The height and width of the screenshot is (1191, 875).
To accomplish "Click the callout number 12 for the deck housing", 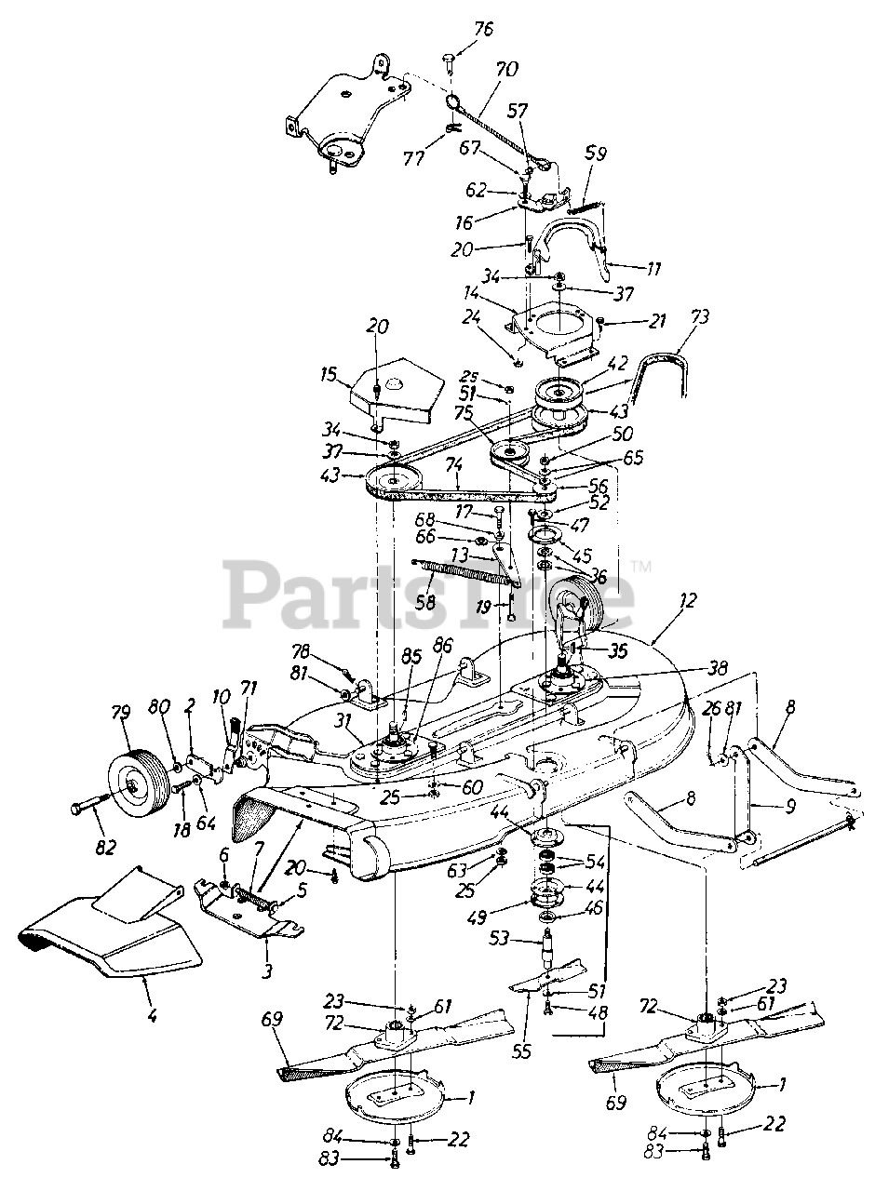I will [x=661, y=602].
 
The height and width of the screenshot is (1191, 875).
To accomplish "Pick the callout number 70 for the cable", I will [x=507, y=69].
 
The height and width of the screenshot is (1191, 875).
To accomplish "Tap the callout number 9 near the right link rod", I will [x=791, y=809].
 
